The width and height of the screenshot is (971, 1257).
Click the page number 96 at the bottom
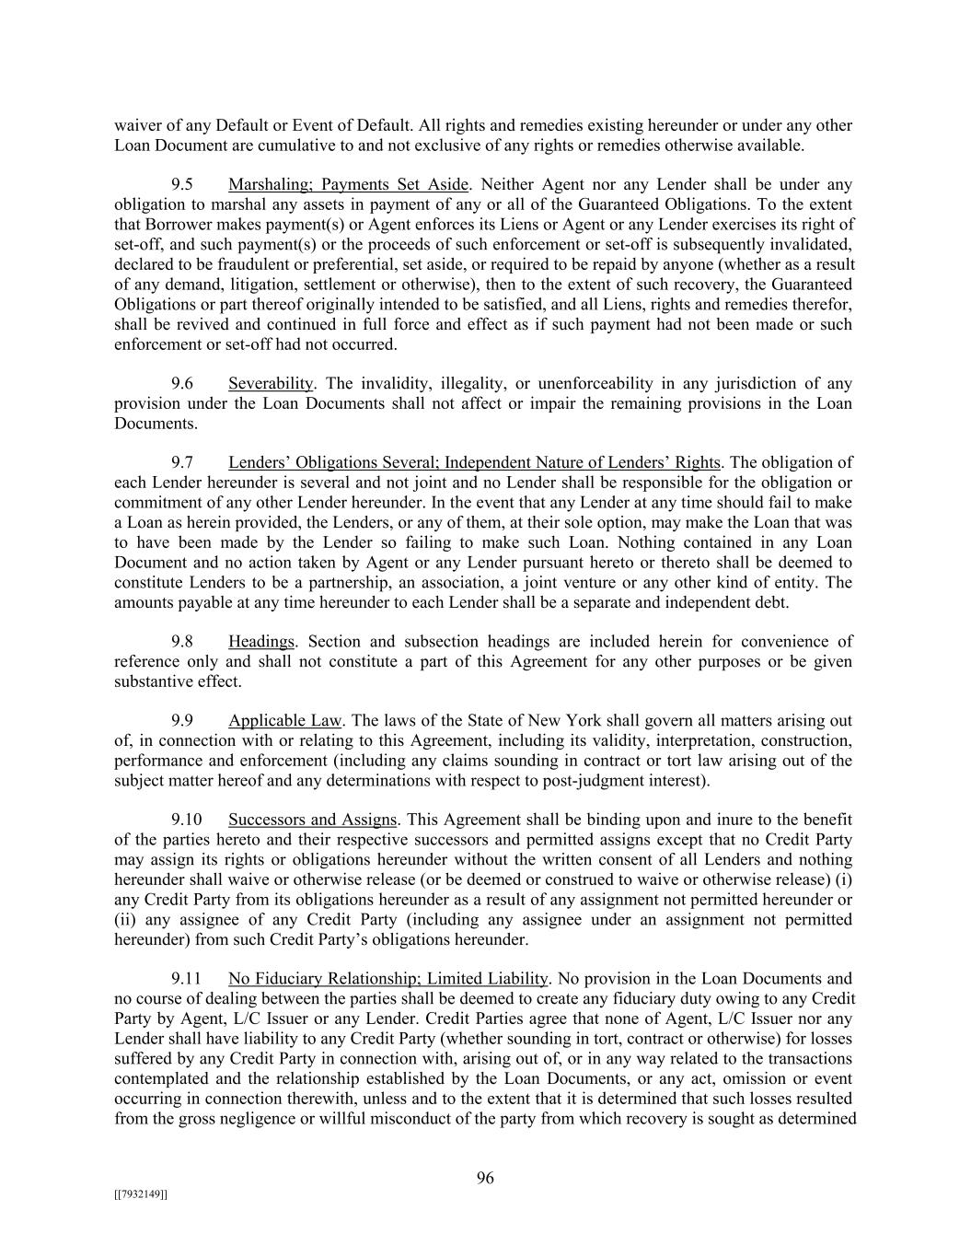click(485, 1178)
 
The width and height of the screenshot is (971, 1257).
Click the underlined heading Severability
click(271, 384)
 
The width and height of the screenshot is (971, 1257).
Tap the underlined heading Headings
click(261, 642)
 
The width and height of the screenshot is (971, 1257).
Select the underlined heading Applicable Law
click(284, 721)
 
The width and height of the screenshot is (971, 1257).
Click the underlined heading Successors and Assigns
click(313, 820)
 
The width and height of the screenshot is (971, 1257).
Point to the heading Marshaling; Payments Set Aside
click(348, 185)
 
